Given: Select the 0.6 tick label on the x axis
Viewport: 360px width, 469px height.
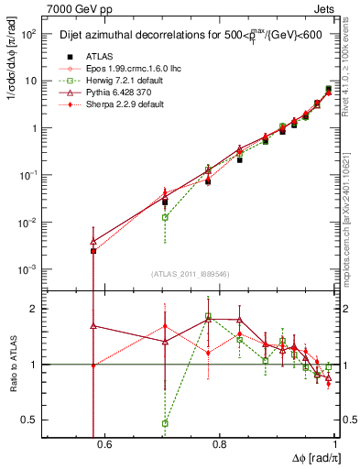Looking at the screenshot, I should click(x=104, y=446).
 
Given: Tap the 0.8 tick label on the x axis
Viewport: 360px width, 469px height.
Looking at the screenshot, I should click(x=219, y=446).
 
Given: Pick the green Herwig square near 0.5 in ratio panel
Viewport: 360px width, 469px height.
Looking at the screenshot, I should click(x=165, y=423).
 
